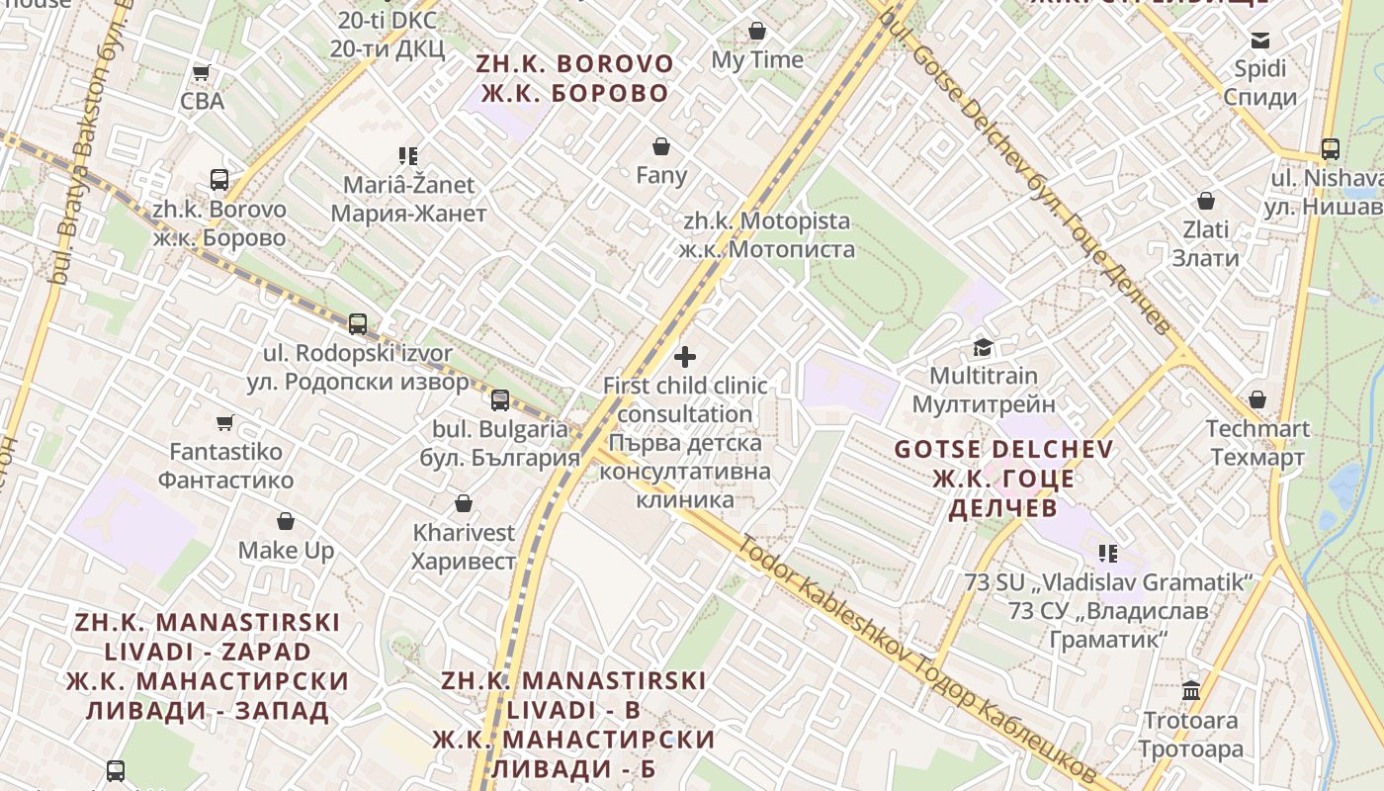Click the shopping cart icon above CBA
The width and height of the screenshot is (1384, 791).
(x=202, y=72)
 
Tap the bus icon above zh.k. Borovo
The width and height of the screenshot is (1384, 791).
(x=219, y=180)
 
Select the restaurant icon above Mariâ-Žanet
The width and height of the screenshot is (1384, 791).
(x=408, y=155)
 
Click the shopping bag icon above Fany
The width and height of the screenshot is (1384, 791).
(x=661, y=146)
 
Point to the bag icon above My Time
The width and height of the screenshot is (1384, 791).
(x=757, y=31)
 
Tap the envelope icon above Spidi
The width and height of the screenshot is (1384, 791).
(x=1260, y=41)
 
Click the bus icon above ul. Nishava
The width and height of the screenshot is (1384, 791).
(x=1331, y=149)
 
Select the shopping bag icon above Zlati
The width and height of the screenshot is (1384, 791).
(x=1206, y=201)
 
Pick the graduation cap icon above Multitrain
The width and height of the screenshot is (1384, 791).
(x=983, y=347)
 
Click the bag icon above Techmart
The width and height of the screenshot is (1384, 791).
(x=1257, y=399)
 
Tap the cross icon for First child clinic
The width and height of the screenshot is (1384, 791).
(x=685, y=356)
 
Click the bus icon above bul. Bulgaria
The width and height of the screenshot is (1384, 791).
(x=500, y=399)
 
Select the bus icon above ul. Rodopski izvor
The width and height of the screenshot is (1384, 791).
(x=358, y=323)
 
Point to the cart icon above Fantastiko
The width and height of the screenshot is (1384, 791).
(x=225, y=422)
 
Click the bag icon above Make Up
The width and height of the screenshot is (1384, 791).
(x=286, y=521)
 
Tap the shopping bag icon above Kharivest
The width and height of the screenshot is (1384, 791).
(x=464, y=503)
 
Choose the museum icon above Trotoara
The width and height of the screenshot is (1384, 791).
(x=1191, y=690)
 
